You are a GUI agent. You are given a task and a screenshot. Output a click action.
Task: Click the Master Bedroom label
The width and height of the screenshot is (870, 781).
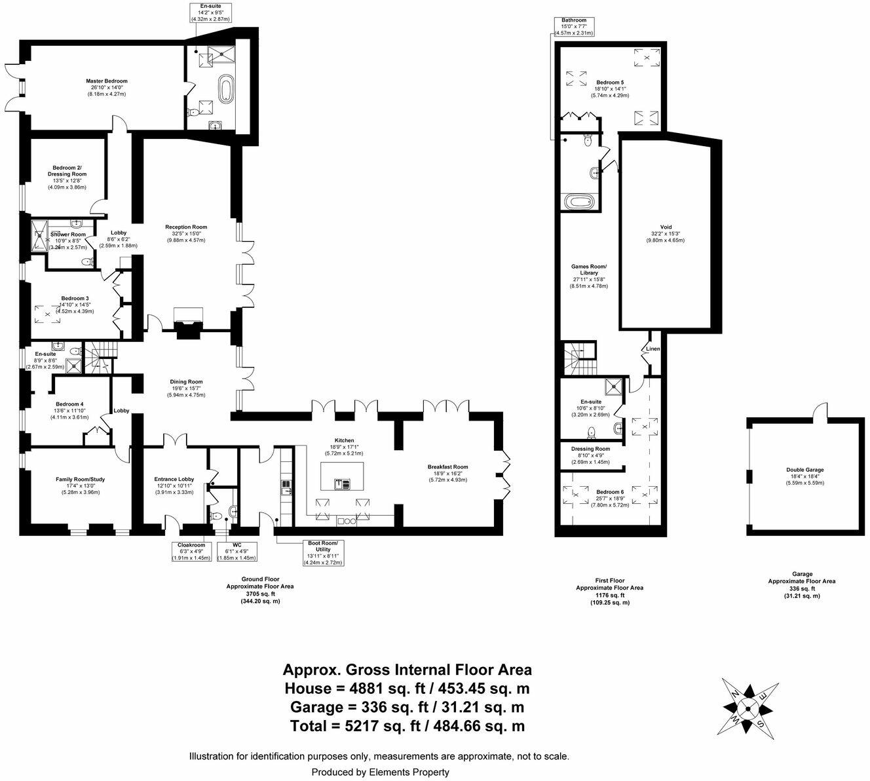click(106, 81)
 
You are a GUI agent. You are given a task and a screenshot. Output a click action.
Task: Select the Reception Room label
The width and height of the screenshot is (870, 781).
click(186, 227)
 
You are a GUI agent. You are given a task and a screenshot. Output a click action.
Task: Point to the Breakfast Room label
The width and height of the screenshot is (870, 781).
click(448, 467)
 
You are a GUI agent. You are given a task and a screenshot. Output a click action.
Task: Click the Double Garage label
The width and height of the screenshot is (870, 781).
click(805, 470)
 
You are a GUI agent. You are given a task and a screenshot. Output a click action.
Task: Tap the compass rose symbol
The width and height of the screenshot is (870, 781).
click(749, 707)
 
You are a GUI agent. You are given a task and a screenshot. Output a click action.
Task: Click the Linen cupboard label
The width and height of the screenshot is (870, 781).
click(652, 349)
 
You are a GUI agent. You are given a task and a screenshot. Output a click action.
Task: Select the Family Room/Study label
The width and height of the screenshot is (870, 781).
click(80, 480)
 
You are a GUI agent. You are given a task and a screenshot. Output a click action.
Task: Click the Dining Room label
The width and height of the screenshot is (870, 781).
click(186, 382)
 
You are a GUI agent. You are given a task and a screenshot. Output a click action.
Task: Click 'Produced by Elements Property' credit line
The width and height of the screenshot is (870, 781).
click(380, 772)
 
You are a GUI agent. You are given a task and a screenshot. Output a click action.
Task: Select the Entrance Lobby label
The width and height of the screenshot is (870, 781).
click(174, 480)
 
